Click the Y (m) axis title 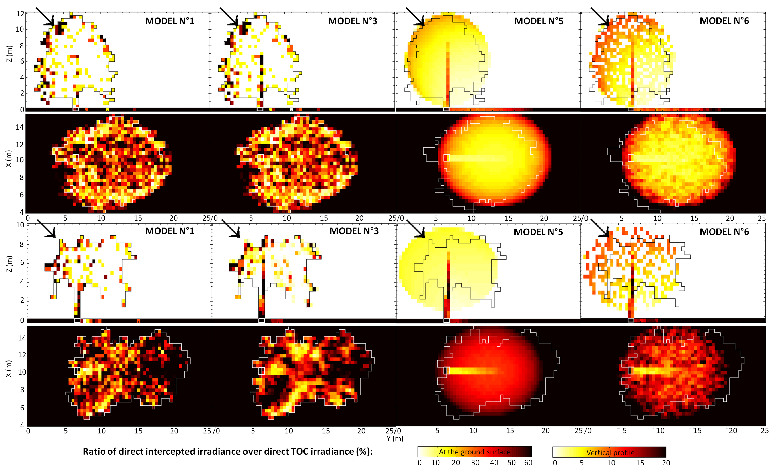click(x=395, y=438)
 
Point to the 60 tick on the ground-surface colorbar click(x=528, y=463)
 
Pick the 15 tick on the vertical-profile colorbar click(x=640, y=463)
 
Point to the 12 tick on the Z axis click(x=20, y=14)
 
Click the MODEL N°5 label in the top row click(x=539, y=21)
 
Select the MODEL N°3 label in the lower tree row click(x=354, y=231)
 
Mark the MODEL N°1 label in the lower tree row click(x=169, y=231)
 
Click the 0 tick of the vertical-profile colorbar click(x=555, y=463)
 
